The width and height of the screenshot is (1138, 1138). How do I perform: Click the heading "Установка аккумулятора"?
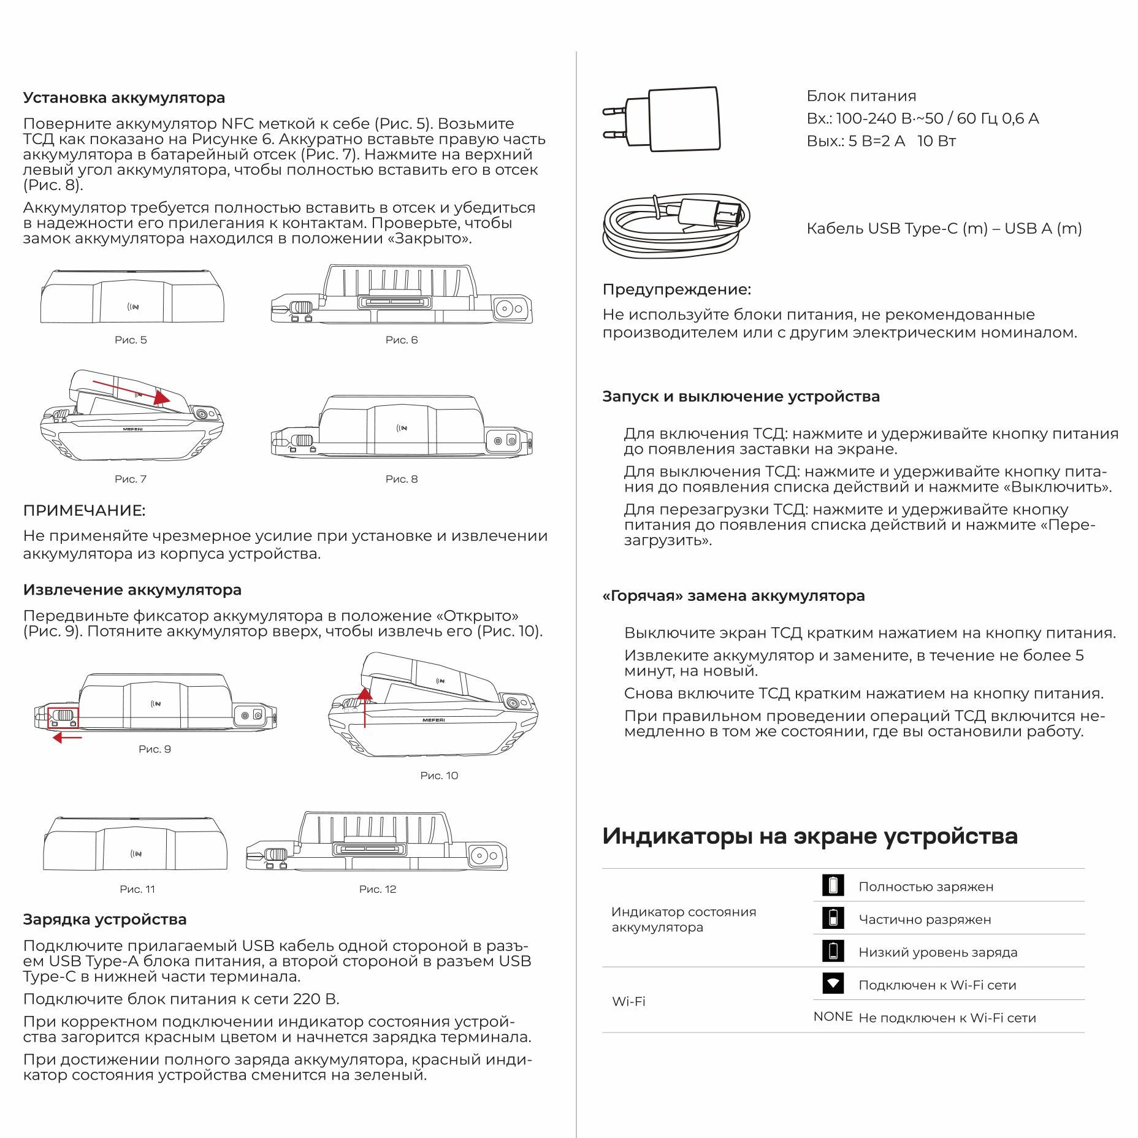coord(124,97)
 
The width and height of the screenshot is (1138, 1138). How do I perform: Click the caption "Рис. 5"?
coord(131,340)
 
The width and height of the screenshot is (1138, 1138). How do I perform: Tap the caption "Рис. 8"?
coord(402,479)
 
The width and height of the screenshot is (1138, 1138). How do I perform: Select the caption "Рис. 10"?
coord(439,776)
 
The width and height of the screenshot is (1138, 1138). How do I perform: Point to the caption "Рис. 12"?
coord(378,889)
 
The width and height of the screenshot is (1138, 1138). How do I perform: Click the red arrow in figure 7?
coord(131,391)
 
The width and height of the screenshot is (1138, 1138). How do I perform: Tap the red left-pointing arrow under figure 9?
coord(67,738)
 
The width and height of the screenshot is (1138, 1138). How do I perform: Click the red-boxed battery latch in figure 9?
coord(64,716)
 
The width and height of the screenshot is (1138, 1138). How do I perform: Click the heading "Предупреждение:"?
coord(676,289)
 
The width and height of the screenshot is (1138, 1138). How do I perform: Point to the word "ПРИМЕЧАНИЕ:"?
coord(84,510)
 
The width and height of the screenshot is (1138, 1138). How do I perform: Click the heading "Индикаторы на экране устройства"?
coord(809,836)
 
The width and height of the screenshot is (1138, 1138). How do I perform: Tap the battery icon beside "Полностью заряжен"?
coord(833,885)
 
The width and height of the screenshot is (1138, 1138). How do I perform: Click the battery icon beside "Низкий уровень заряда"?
coord(833,951)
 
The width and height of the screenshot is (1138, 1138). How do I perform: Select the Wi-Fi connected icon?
coord(833,983)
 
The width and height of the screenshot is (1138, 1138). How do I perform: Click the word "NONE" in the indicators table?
coord(833,1017)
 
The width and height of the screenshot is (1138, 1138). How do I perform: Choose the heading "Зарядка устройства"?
coord(105,919)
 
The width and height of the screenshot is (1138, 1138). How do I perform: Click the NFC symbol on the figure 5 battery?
coord(133,307)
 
